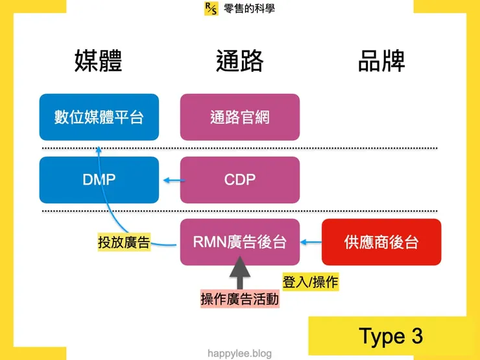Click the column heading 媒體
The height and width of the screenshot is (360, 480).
pyautogui.click(x=99, y=61)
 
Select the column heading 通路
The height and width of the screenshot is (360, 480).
pyautogui.click(x=239, y=61)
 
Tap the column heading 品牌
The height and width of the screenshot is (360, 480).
pyautogui.click(x=381, y=61)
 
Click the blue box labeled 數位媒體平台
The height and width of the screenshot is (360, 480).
pyautogui.click(x=99, y=117)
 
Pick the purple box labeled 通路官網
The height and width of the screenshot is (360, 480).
pyautogui.click(x=239, y=117)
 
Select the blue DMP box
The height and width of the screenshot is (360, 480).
pyautogui.click(x=99, y=180)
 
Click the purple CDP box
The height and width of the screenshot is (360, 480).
pyautogui.click(x=239, y=180)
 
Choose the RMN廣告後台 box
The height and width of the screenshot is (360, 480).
pyautogui.click(x=239, y=242)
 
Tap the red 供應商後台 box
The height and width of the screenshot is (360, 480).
pyautogui.click(x=381, y=242)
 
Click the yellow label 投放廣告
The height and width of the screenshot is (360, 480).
pyautogui.click(x=123, y=243)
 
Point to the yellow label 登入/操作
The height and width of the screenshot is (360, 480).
pyautogui.click(x=310, y=282)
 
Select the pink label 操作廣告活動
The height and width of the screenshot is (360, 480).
pyautogui.click(x=239, y=300)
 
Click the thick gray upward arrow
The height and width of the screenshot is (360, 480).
pyautogui.click(x=239, y=273)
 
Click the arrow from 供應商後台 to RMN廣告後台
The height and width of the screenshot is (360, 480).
pyautogui.click(x=311, y=243)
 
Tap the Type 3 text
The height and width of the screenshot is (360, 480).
pyautogui.click(x=390, y=336)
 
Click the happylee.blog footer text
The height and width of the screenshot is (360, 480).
pyautogui.click(x=239, y=354)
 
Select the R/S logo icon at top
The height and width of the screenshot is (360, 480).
pyautogui.click(x=211, y=8)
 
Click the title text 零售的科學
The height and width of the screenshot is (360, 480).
pyautogui.click(x=249, y=8)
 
